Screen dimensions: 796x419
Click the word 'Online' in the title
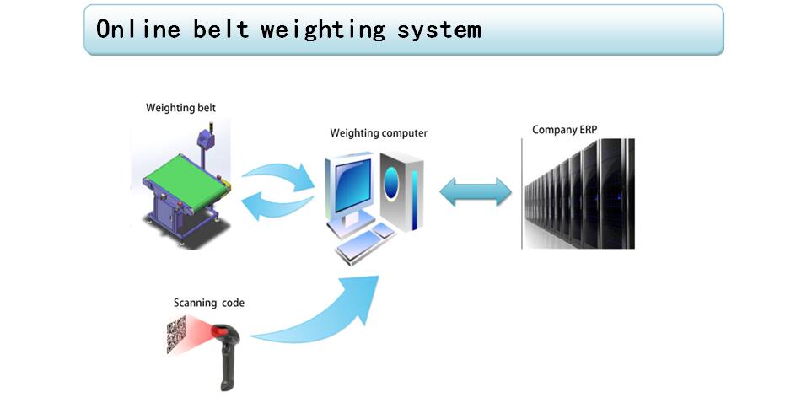(137, 30)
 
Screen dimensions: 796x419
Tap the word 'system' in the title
(438, 30)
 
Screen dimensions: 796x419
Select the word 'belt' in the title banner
(221, 30)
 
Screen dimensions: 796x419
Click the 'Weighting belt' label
(180, 108)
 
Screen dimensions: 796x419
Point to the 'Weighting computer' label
(379, 133)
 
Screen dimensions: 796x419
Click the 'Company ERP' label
(564, 129)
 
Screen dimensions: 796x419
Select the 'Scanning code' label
(209, 303)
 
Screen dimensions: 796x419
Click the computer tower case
(401, 191)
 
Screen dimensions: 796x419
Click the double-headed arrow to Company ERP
(476, 191)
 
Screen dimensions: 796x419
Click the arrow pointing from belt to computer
(278, 176)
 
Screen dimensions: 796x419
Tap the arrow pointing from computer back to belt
(277, 207)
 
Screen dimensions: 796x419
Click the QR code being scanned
(176, 335)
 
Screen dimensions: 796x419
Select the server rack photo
(578, 194)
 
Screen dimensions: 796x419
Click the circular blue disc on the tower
(391, 183)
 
